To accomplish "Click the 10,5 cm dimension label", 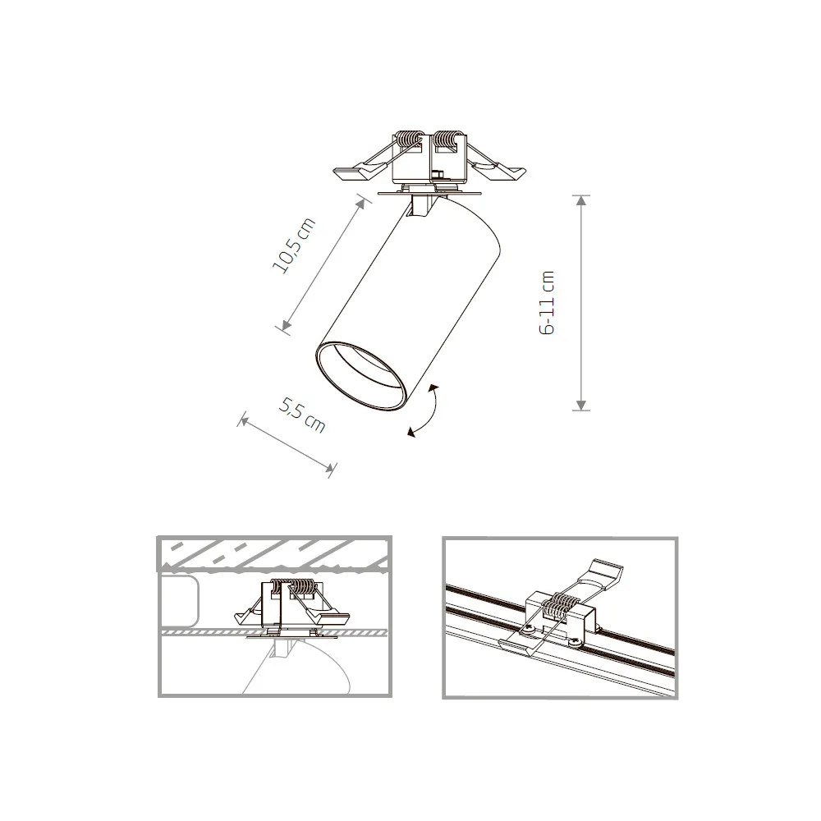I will [293, 246].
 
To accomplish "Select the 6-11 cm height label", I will [548, 302].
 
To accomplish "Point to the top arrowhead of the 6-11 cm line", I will [581, 200].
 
